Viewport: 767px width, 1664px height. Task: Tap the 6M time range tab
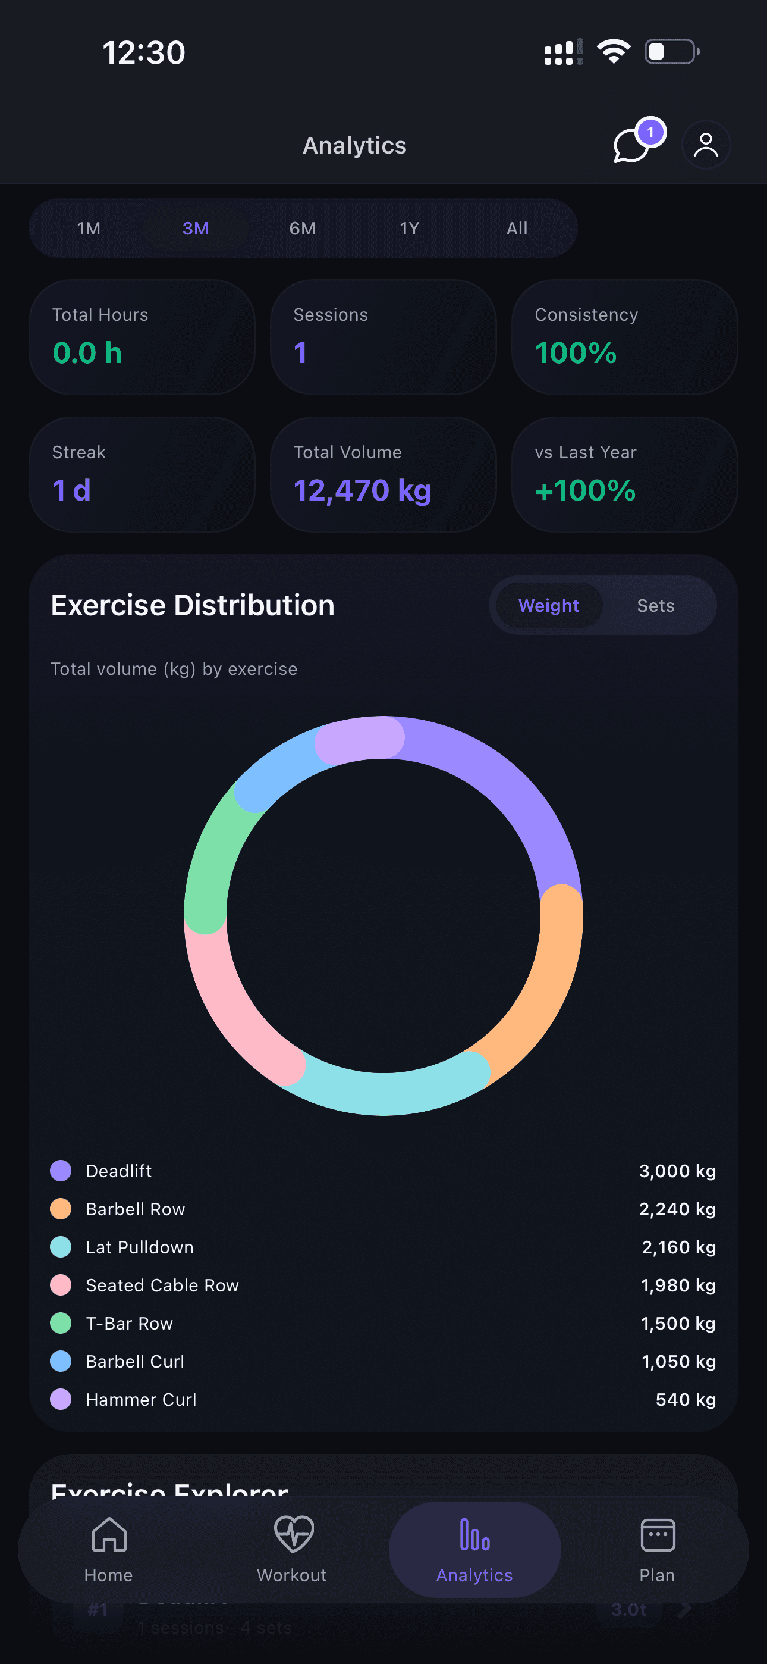coord(302,229)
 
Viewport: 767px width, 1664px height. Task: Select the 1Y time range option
coord(409,229)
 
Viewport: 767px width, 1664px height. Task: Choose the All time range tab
coord(517,229)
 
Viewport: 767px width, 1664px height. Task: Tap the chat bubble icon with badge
coord(633,144)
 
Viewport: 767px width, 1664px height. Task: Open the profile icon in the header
coord(706,145)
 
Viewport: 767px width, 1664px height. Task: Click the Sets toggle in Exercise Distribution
coord(655,606)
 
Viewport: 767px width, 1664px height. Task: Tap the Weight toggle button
coord(549,606)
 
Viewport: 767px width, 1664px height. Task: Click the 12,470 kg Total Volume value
coord(362,490)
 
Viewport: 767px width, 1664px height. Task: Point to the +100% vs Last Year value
coord(585,490)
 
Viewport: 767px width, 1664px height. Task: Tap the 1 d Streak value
coord(72,490)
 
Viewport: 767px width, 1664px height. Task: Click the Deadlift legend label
coord(119,1171)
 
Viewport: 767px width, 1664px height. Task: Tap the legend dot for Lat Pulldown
coord(61,1247)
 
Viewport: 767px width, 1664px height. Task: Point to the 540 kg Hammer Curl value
coord(686,1400)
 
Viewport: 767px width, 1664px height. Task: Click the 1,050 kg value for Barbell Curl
coord(678,1362)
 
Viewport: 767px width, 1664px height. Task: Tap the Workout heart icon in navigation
coord(293,1535)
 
